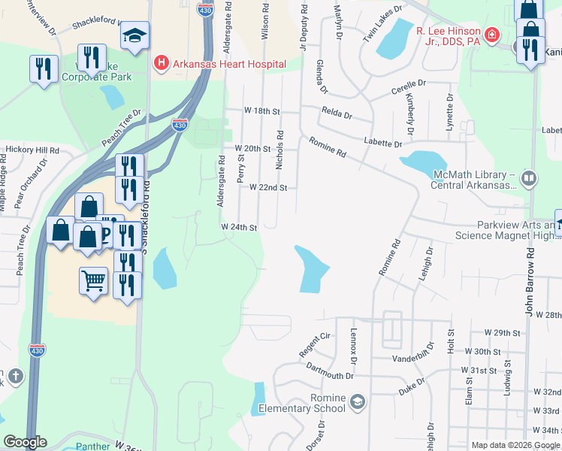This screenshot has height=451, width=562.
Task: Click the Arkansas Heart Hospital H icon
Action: (x=160, y=64)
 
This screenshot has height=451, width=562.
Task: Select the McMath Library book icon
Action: (x=530, y=178)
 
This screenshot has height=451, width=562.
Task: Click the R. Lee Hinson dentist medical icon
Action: (x=491, y=35)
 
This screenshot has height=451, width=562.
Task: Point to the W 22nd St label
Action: (x=268, y=187)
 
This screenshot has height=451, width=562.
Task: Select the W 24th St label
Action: (x=240, y=227)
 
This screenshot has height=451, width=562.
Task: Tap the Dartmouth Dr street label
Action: (x=330, y=371)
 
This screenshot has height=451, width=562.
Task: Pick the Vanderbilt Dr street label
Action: (x=409, y=358)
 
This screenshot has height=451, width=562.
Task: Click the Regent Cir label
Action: (x=316, y=337)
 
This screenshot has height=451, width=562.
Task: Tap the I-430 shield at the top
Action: (x=204, y=9)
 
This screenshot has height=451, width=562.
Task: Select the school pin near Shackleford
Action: (x=135, y=35)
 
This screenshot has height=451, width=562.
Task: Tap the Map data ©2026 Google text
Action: (x=515, y=445)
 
